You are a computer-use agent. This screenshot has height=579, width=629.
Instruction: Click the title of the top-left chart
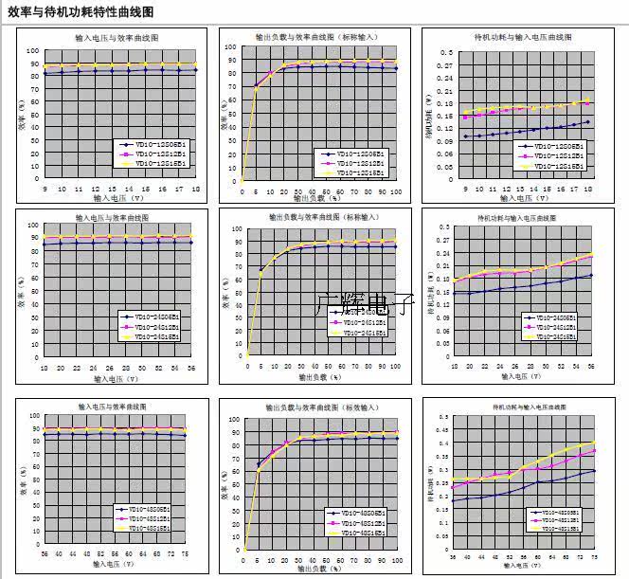(117, 38)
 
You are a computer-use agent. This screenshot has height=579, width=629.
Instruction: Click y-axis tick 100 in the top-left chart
(34, 51)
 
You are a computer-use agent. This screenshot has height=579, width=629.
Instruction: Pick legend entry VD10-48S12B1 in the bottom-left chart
(151, 519)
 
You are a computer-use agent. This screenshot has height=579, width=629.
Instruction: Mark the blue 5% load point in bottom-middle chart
(259, 464)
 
